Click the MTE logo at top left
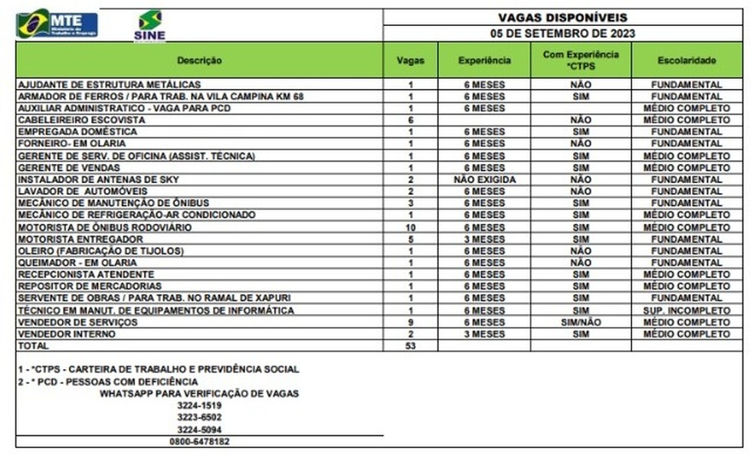point(57,24)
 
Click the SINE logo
point(149,25)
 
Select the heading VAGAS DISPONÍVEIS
point(562,18)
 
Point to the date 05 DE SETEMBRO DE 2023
point(562,34)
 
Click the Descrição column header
point(199,60)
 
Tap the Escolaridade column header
point(687,60)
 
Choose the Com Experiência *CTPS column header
point(581,60)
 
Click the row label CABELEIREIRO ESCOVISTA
point(81,120)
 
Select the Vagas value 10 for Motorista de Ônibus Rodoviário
point(411,228)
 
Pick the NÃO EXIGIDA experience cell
point(484,179)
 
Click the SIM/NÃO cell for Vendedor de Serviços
point(581,323)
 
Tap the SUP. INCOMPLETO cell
point(687,310)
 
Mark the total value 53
point(411,346)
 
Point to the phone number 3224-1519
point(198,406)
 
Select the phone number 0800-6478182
point(198,442)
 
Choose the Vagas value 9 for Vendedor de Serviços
point(411,323)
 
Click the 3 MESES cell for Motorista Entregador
point(484,239)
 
